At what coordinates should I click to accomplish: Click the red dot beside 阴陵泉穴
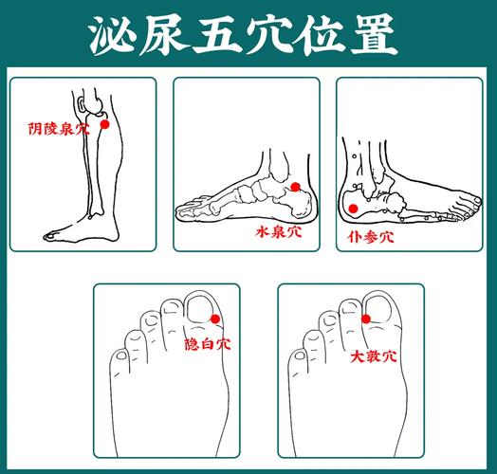[104, 124]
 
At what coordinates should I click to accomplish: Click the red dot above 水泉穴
[296, 188]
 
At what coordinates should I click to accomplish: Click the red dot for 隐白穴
[216, 319]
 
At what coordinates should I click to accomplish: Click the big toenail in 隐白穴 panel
[202, 306]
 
